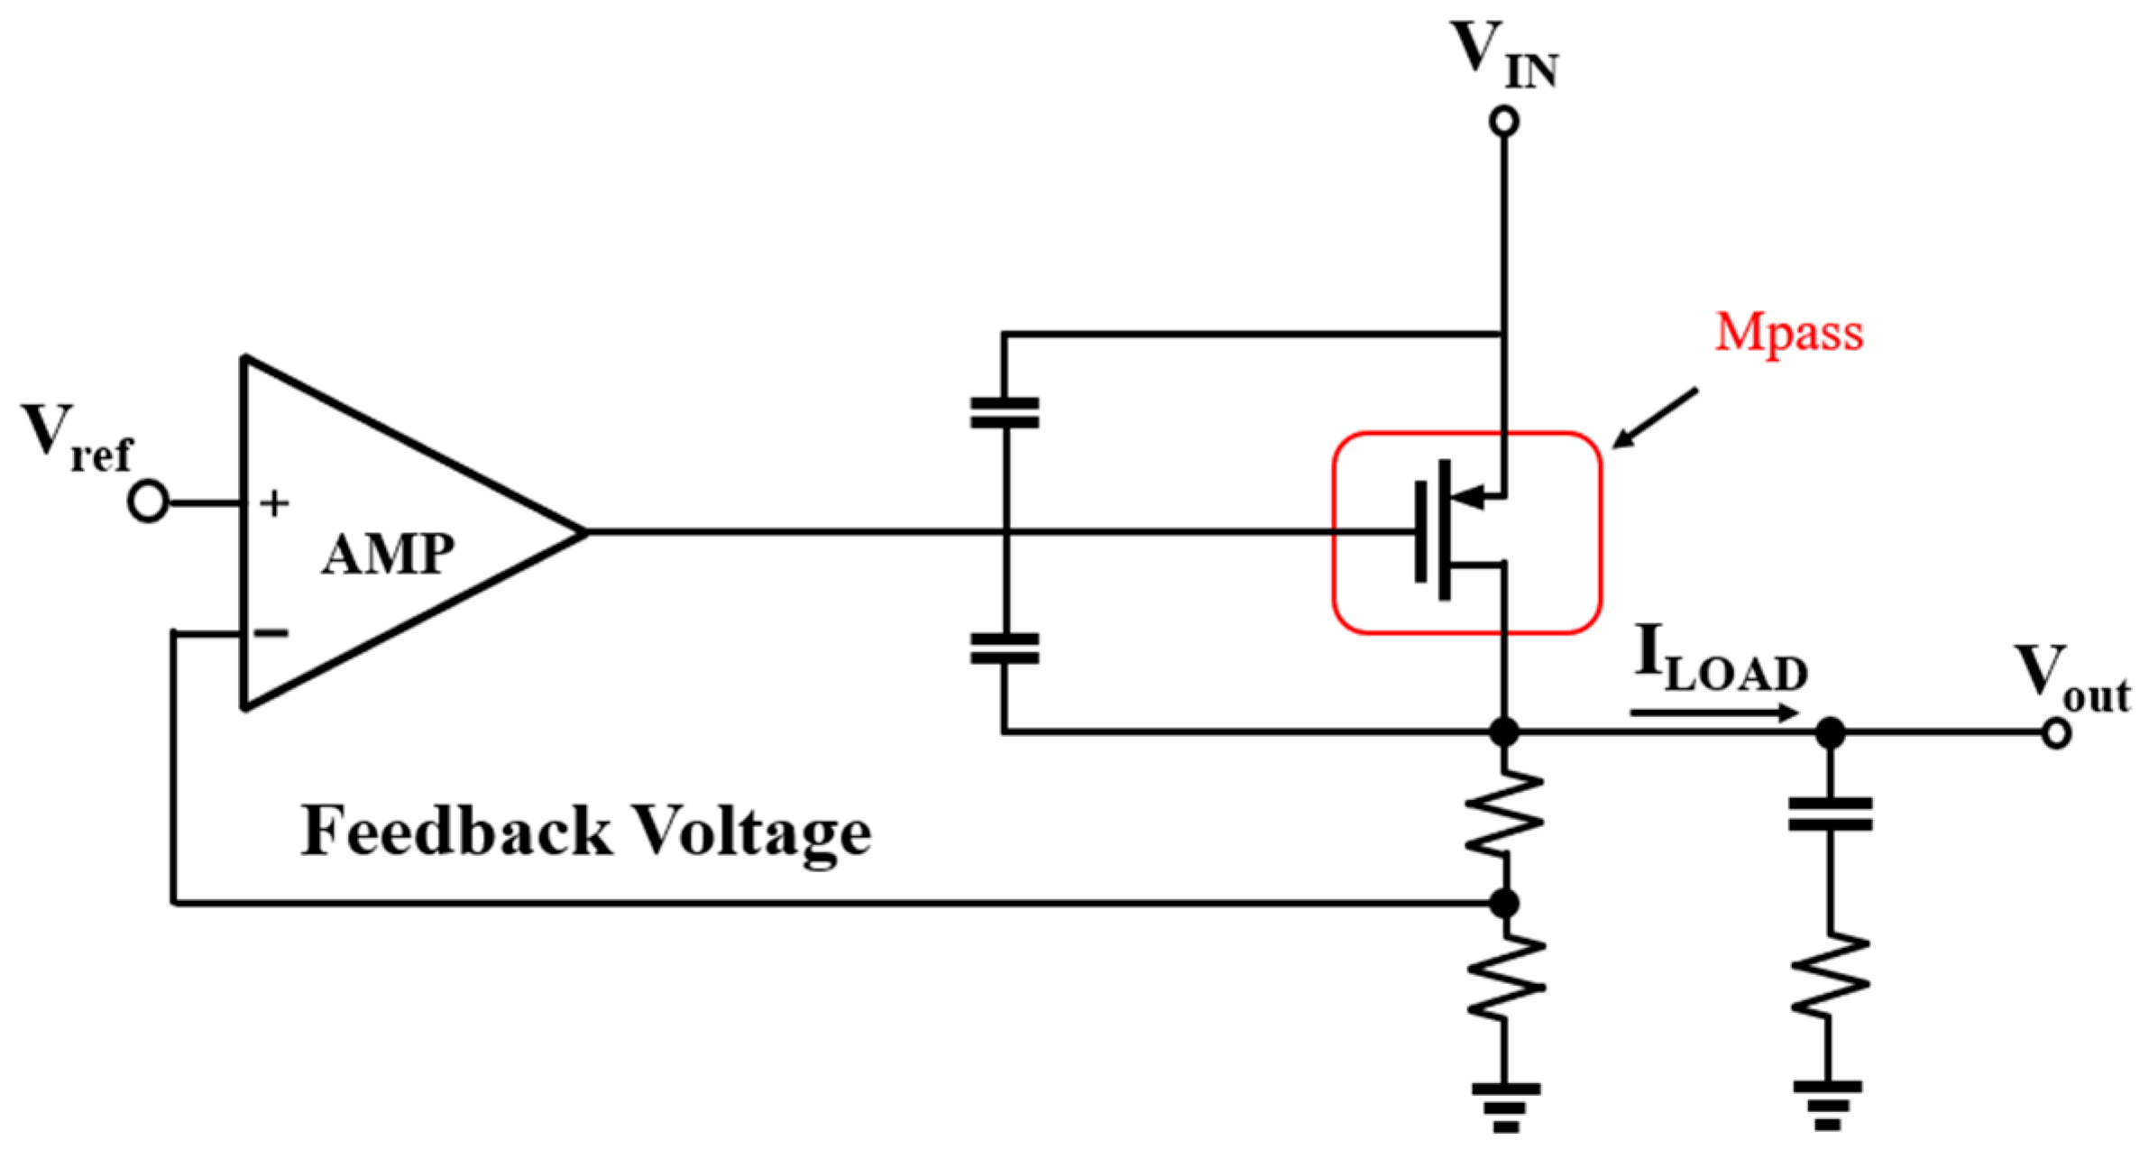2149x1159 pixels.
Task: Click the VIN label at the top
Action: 1503,56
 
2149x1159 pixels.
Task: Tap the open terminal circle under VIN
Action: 1503,121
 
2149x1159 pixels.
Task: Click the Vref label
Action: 77,437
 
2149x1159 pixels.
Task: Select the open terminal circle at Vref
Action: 148,501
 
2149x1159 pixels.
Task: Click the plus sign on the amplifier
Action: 274,503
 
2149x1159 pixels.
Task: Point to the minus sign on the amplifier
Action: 271,633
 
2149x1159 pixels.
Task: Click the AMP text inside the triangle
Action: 388,554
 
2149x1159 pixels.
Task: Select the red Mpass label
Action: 1788,332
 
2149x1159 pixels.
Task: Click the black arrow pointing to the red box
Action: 1655,418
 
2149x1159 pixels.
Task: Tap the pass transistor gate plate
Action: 1421,531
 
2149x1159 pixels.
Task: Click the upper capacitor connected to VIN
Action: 1004,412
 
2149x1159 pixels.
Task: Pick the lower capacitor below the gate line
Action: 1004,648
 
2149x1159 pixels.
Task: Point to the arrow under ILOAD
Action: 1713,713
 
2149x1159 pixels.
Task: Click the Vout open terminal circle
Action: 2055,733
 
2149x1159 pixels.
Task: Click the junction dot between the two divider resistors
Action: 1503,903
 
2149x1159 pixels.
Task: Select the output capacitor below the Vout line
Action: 1830,814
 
